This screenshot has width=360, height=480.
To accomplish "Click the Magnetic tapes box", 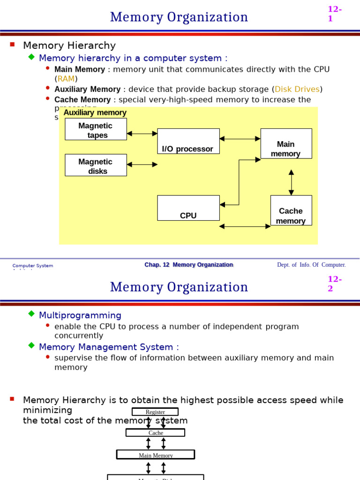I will point(96,129).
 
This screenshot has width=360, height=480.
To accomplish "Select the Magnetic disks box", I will point(96,165).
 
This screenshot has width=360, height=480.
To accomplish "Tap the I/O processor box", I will point(188,141).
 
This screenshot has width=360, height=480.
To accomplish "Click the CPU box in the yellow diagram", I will point(188,208).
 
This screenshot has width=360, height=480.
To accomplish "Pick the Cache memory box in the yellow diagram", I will point(291,210).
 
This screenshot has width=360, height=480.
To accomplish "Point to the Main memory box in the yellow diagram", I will point(286,143).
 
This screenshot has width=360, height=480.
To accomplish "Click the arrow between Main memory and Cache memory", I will point(291,182).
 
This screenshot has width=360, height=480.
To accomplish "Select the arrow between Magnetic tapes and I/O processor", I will point(142,134).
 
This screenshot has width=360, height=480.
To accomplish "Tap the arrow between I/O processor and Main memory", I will point(240,139).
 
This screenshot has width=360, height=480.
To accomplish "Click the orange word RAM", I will point(66,79).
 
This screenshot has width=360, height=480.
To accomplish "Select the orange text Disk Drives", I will point(297,89).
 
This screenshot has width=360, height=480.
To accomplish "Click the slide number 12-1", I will point(334,14).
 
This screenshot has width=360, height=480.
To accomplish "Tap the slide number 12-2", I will point(334,284).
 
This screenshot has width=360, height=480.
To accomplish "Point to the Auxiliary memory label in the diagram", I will point(95,112).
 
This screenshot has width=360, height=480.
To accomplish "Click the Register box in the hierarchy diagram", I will point(155,412).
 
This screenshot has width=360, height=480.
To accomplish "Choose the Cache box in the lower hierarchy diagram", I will point(155,433).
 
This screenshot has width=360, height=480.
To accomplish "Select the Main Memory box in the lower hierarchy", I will point(156,455).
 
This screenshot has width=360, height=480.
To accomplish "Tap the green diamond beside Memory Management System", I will point(31,345).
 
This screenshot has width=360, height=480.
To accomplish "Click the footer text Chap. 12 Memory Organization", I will point(188,265).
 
